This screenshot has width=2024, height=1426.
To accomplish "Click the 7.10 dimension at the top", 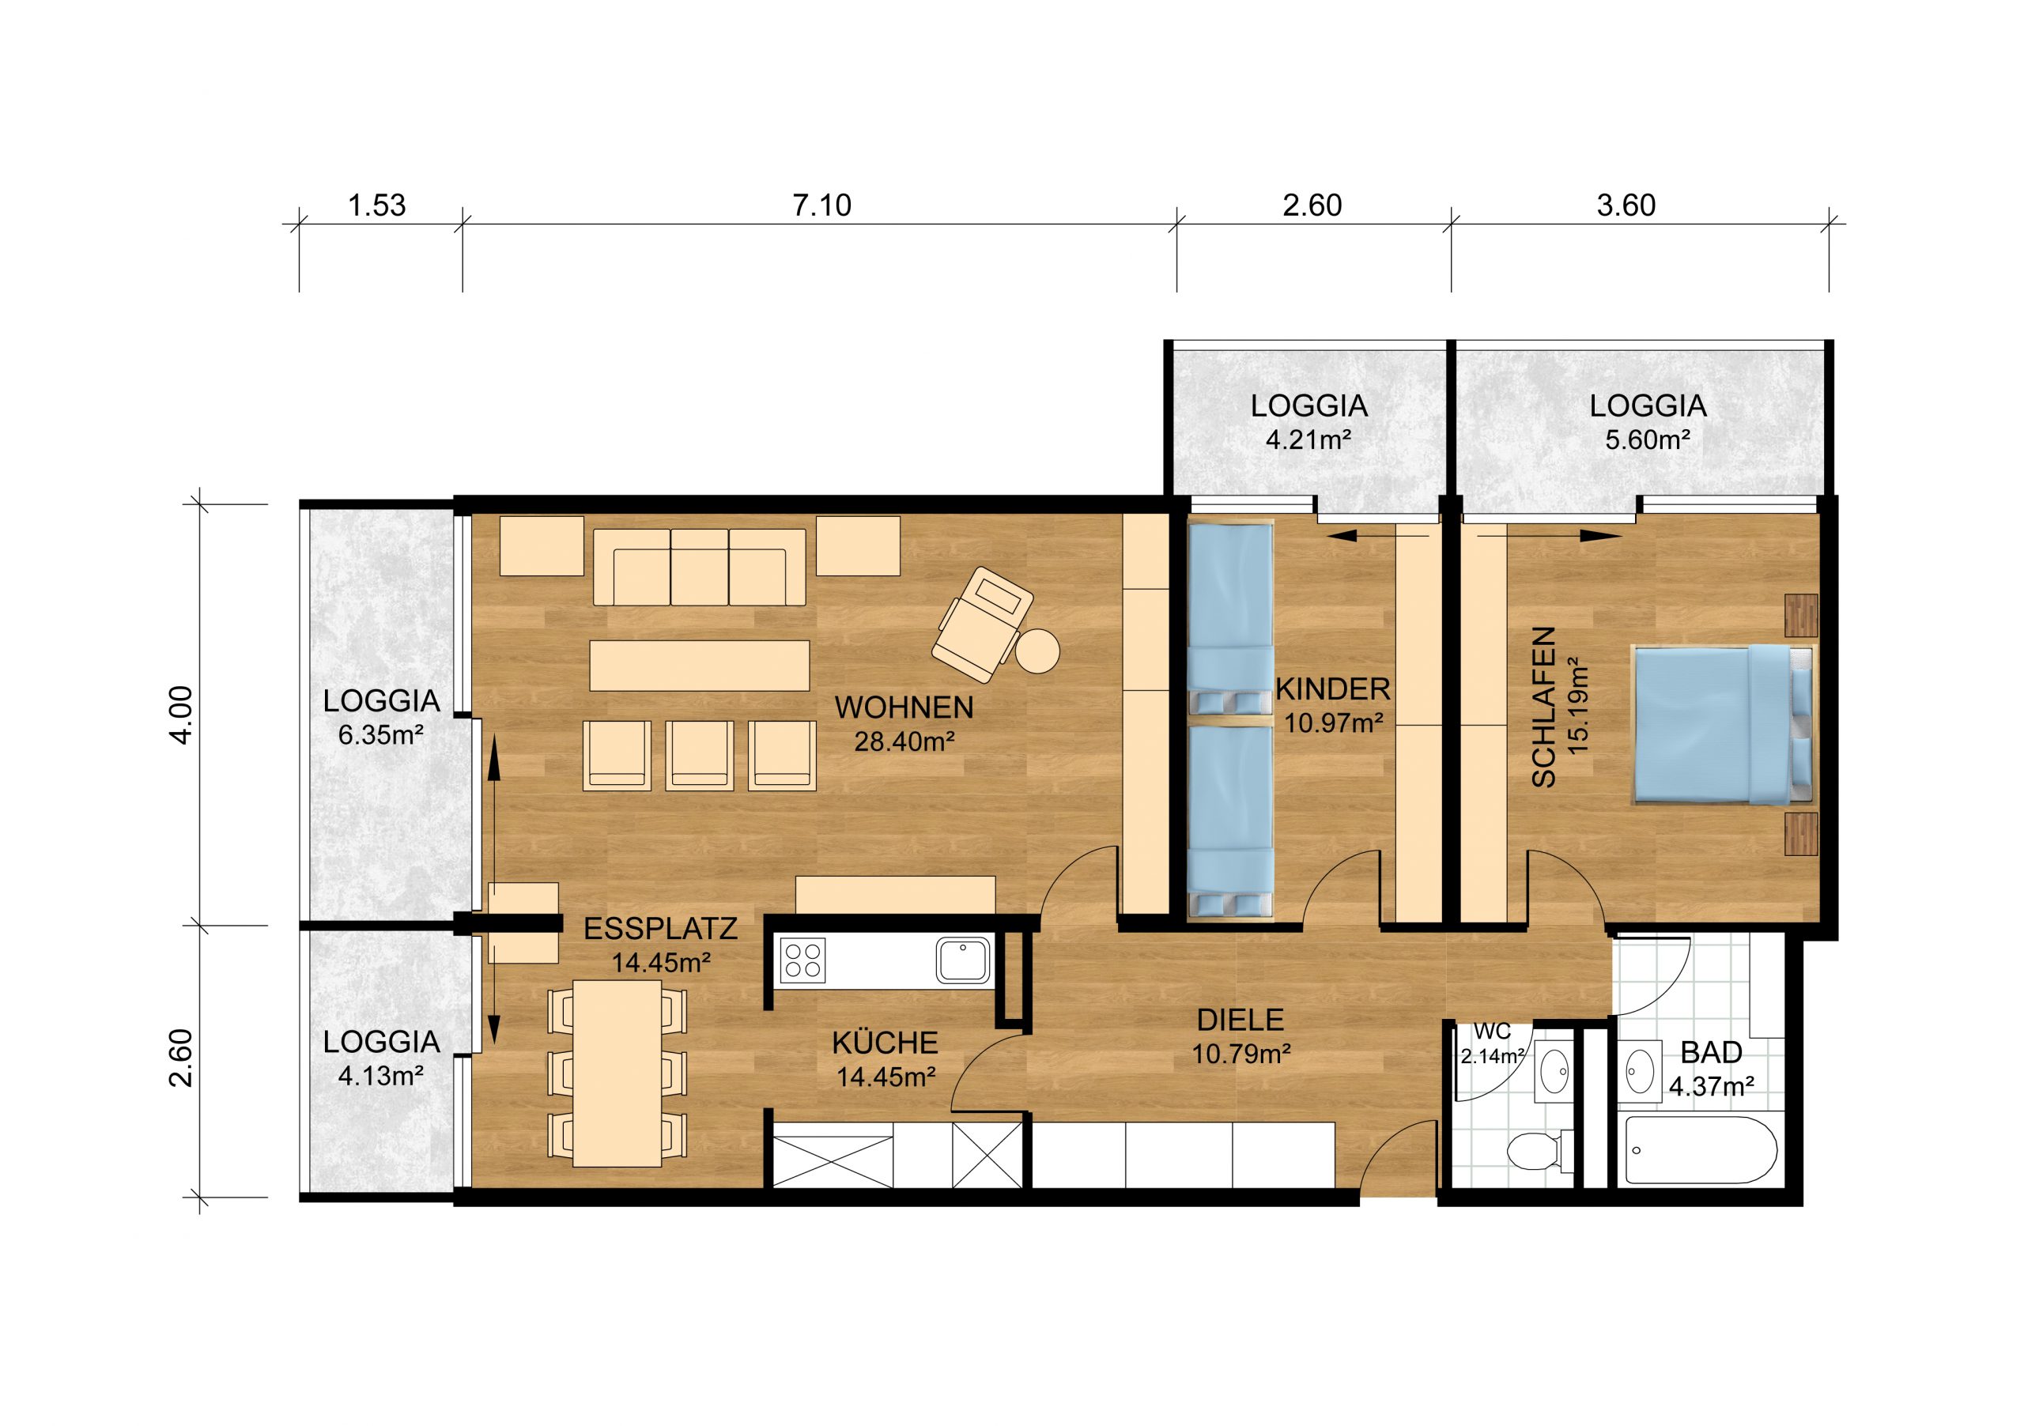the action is pyautogui.click(x=821, y=206).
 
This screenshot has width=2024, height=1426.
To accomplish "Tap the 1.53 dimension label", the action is pyautogui.click(x=377, y=206).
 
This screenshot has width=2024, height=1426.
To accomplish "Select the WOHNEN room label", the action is pyautogui.click(x=904, y=707).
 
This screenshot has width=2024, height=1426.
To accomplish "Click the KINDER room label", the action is pyautogui.click(x=1333, y=688).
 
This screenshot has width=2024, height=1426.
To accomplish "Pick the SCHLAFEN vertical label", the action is pyautogui.click(x=1543, y=707).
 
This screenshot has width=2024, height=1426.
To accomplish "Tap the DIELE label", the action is pyautogui.click(x=1240, y=1020).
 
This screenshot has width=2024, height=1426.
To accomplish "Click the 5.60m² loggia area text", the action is pyautogui.click(x=1648, y=439).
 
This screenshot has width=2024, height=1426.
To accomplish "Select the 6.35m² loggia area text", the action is pyautogui.click(x=381, y=734).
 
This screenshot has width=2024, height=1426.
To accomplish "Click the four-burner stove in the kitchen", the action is pyautogui.click(x=803, y=960).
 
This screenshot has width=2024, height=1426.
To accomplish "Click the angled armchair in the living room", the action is pyautogui.click(x=982, y=624).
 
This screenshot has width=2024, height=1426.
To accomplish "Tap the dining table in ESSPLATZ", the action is pyautogui.click(x=617, y=1073).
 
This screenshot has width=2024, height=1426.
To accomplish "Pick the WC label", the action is pyautogui.click(x=1493, y=1030).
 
